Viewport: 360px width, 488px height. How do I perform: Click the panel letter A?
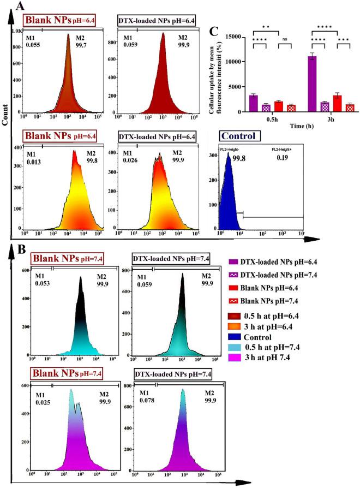(x=20, y=7)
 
